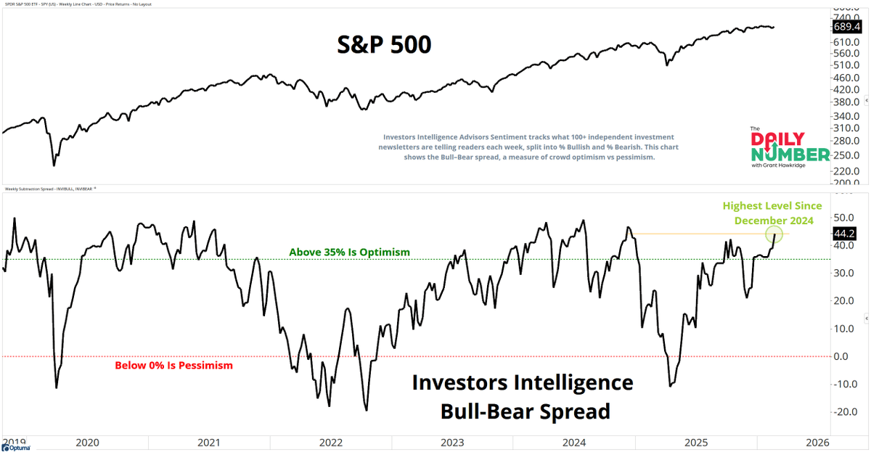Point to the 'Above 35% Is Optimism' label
(x=350, y=252)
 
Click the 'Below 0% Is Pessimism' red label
(x=174, y=365)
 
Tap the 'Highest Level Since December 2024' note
(x=777, y=213)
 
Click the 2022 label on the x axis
(x=330, y=442)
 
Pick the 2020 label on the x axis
(x=87, y=442)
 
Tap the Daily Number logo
(x=789, y=147)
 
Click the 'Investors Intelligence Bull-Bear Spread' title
(x=523, y=396)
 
